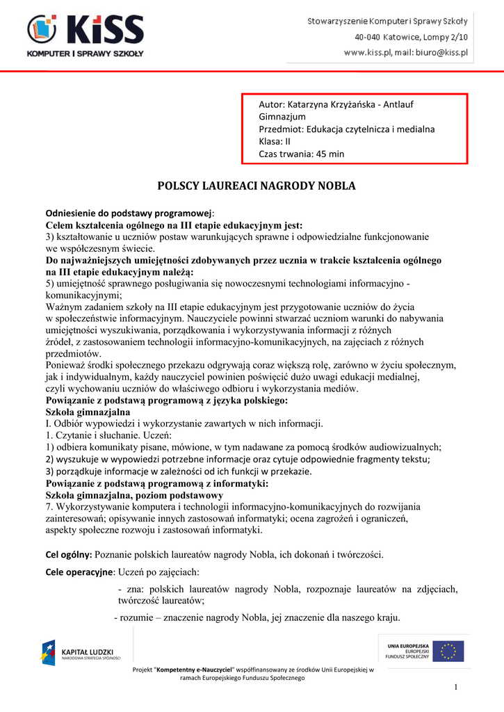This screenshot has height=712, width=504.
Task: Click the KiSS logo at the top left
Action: (x=85, y=35)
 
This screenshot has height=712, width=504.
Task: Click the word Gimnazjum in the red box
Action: (x=282, y=116)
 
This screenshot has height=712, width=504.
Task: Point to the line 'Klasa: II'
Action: (x=275, y=141)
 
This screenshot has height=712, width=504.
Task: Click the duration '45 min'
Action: (x=330, y=154)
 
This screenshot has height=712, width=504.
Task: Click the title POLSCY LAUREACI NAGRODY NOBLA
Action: (x=257, y=186)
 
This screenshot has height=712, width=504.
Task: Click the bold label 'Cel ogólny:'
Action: (x=68, y=554)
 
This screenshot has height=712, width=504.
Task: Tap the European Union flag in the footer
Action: (x=450, y=652)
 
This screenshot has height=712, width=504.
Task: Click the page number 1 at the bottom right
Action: (x=456, y=688)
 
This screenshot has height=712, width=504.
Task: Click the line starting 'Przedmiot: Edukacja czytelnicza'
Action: (x=346, y=129)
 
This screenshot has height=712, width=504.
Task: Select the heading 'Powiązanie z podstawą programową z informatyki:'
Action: (x=156, y=483)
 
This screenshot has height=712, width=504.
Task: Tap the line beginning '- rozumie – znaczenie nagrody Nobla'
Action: (x=257, y=617)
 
